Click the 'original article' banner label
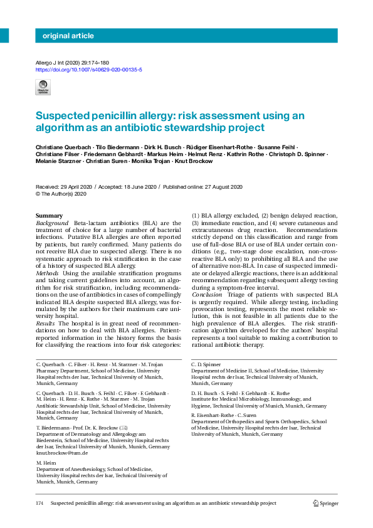(68, 36)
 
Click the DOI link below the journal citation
(88, 70)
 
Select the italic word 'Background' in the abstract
(52, 223)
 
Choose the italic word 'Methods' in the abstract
(48, 272)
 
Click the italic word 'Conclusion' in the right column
(207, 293)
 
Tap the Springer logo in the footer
(325, 503)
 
